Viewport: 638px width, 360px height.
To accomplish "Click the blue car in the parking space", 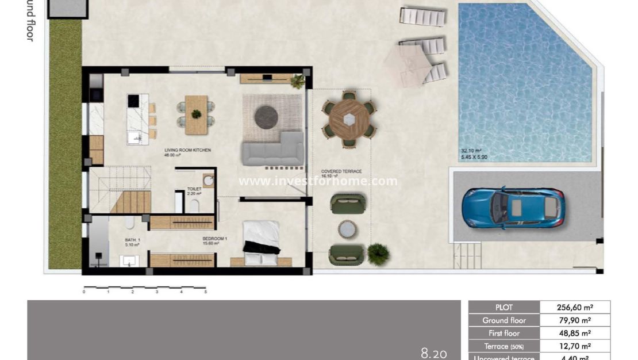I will click(x=513, y=207).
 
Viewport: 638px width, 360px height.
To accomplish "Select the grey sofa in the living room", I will click(x=273, y=151).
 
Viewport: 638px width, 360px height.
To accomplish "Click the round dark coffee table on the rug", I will click(x=266, y=117).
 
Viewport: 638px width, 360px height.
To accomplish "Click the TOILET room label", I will click(x=194, y=188).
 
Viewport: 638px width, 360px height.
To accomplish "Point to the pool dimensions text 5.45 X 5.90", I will click(x=474, y=157).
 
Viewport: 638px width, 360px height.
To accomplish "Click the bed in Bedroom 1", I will click(x=262, y=238).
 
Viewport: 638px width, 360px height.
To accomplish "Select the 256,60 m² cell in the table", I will click(x=575, y=307).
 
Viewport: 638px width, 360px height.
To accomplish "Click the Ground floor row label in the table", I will click(x=504, y=320).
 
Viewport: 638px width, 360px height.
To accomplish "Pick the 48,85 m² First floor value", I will click(x=575, y=333).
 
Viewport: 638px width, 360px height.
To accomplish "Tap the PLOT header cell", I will click(x=504, y=307).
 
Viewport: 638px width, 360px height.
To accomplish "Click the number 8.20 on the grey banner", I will click(x=433, y=353).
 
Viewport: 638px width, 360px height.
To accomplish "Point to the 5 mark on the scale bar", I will click(x=205, y=292).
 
